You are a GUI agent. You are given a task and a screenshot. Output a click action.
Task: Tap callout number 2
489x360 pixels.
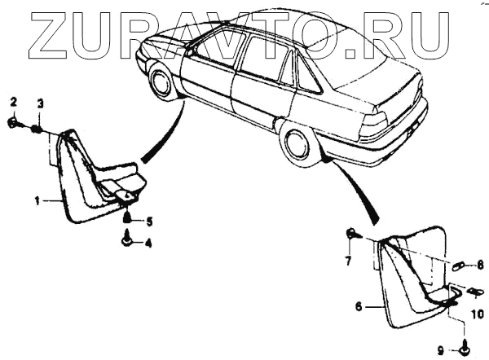13,102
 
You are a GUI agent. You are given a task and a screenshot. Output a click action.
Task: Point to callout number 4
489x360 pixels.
148,242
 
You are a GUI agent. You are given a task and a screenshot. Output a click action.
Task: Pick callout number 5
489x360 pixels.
148,220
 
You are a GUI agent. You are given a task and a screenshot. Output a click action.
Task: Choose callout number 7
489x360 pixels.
348,261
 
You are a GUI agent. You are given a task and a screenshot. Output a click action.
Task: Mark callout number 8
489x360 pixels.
480,264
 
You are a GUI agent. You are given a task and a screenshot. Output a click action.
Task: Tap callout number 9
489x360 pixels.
440,350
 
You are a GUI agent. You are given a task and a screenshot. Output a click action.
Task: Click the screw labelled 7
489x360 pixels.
350,235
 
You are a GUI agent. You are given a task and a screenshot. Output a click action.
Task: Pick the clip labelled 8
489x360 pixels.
458,265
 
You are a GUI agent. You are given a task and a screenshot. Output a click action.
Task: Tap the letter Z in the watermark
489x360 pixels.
55,34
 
